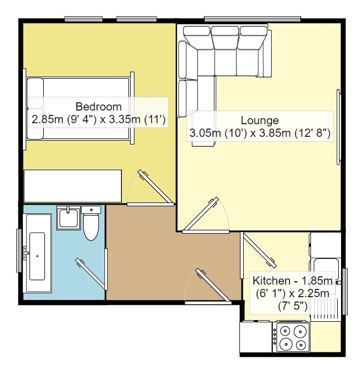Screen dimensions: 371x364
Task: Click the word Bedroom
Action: (x=98, y=106)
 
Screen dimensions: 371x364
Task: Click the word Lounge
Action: (x=260, y=120)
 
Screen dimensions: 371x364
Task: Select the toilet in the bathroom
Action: (x=91, y=225)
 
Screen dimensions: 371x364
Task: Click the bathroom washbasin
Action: (x=69, y=217)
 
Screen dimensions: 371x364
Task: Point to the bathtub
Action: (x=38, y=252)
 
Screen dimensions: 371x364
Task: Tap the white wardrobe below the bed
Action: (x=73, y=185)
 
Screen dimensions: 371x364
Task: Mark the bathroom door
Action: (x=91, y=271)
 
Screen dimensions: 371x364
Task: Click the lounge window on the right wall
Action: (x=339, y=127)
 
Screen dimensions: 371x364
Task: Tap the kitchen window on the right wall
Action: (x=344, y=292)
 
